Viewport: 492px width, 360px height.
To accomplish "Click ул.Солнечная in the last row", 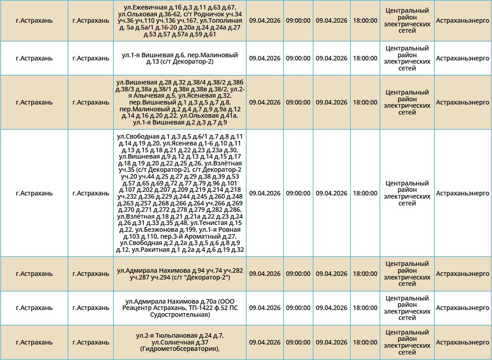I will coord(173,342).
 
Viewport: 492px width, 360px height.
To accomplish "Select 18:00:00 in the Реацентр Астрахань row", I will coord(365,308).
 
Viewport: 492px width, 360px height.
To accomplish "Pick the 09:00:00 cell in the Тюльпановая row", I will coord(298,342).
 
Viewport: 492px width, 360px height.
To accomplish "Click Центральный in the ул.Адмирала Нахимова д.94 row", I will coord(407,264).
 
